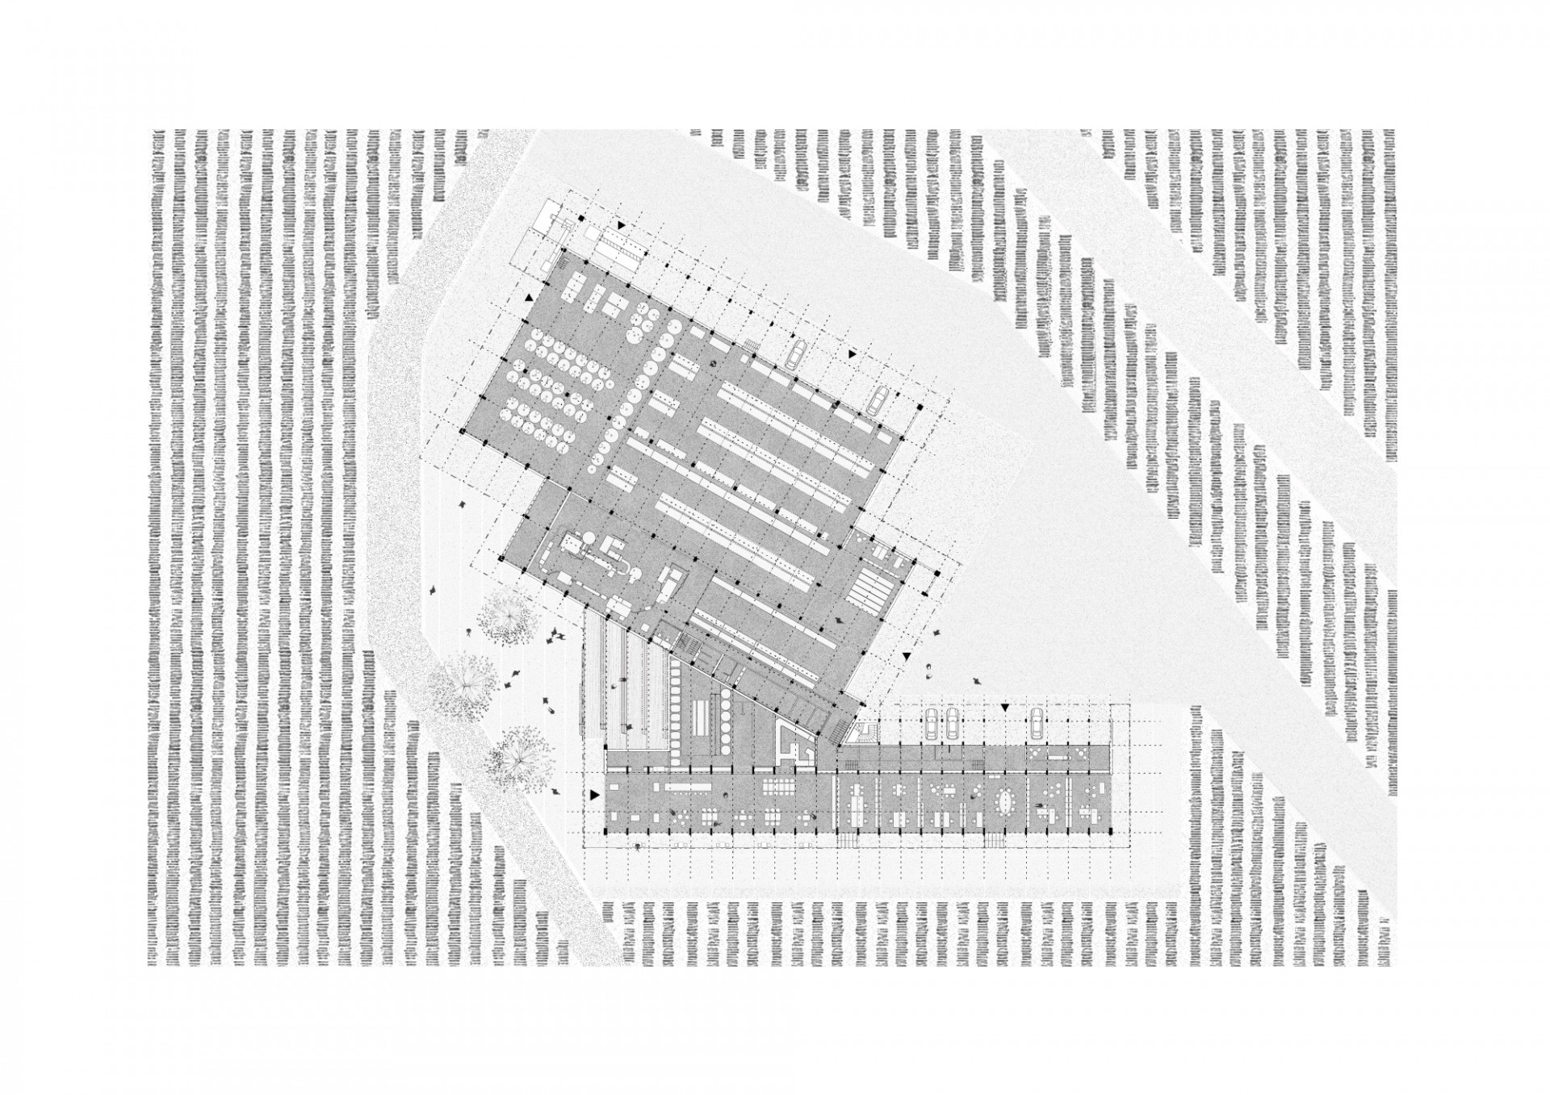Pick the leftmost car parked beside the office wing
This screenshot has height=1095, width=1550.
click(x=931, y=724)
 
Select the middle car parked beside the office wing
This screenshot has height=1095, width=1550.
click(x=953, y=723)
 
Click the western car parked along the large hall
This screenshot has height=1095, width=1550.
click(x=795, y=353)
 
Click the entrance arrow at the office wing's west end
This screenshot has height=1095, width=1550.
click(x=596, y=796)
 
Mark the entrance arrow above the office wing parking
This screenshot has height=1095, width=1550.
click(x=1005, y=707)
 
